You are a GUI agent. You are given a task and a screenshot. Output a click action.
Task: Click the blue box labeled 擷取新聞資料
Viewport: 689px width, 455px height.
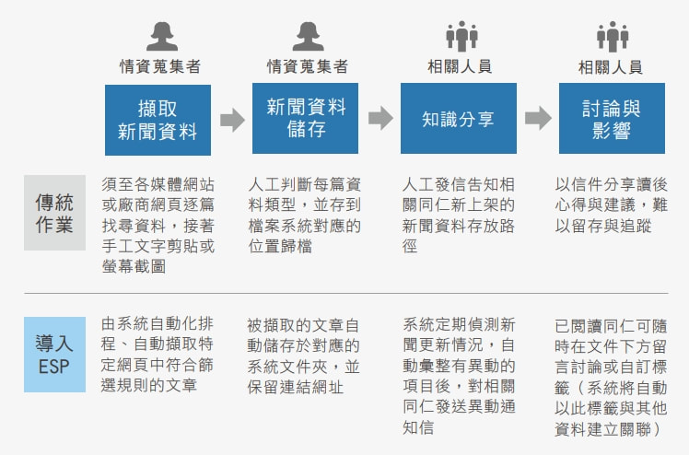(x=158, y=120)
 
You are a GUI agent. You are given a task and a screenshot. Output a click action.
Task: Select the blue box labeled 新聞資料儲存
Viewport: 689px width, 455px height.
(x=305, y=118)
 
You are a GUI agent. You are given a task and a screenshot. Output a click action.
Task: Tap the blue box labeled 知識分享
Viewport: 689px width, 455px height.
(x=459, y=118)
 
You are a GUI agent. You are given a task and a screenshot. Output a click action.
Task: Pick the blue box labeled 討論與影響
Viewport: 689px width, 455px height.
(x=612, y=118)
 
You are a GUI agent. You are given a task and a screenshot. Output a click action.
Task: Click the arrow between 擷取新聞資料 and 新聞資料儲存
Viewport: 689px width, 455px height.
(x=232, y=120)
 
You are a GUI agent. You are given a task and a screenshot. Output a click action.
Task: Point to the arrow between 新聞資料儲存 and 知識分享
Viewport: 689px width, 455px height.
(x=380, y=118)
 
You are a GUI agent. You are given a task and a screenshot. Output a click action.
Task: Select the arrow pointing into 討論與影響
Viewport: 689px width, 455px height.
(x=538, y=118)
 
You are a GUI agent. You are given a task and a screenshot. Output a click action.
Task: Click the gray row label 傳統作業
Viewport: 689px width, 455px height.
(x=54, y=213)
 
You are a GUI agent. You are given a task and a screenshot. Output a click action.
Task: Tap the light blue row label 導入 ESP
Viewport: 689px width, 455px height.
(x=54, y=355)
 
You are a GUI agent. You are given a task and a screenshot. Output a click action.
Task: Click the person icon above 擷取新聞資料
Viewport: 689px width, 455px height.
(x=162, y=37)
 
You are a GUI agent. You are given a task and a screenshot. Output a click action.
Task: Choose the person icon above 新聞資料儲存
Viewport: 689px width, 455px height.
(x=308, y=37)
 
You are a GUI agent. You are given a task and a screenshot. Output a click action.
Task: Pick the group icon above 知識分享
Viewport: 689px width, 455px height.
(x=461, y=36)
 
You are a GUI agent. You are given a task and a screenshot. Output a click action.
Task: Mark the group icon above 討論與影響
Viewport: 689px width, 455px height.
(x=613, y=37)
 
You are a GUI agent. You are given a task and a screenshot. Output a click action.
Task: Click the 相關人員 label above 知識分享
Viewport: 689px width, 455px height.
(x=460, y=66)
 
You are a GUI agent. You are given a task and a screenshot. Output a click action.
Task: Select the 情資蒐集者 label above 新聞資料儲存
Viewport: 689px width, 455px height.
(x=308, y=66)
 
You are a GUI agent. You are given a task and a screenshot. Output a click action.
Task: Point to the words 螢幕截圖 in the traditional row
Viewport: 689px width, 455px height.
(x=134, y=266)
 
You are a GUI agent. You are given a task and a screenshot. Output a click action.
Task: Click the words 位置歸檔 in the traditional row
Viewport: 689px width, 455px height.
(x=280, y=246)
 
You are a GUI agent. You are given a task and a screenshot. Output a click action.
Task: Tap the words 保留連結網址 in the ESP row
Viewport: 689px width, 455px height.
(x=296, y=387)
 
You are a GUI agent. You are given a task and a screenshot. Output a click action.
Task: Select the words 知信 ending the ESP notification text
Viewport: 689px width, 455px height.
(x=418, y=427)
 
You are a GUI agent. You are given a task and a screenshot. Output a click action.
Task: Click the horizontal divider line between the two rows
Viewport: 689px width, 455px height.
(x=346, y=293)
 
